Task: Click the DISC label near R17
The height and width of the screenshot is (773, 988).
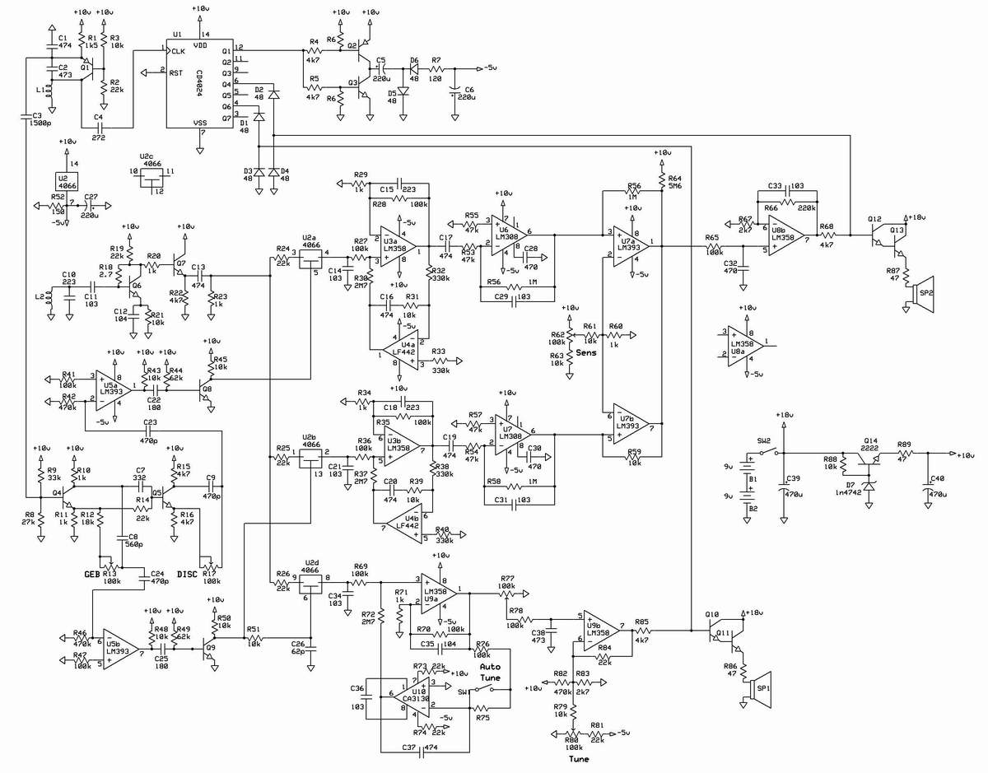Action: [188, 574]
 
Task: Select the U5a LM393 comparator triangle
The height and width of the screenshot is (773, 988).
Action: [111, 390]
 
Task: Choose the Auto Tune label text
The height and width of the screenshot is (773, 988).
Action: [491, 672]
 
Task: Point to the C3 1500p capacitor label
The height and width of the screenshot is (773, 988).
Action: [35, 120]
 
